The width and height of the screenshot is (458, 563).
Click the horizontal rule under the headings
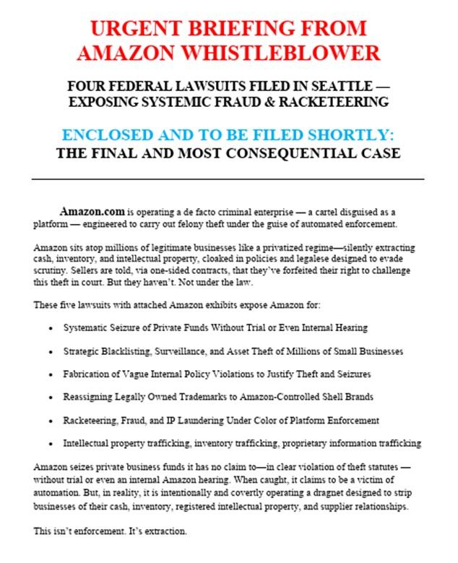[x=228, y=179]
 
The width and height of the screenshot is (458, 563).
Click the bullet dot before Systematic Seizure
[x=50, y=328]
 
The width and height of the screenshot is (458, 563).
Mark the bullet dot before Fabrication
[x=50, y=374]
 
